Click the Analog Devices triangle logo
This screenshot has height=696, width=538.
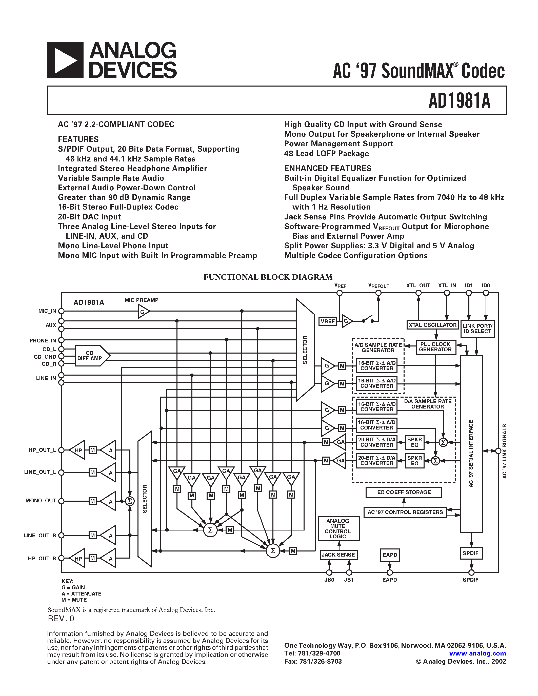coord(65,60)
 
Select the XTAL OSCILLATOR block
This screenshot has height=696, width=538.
coord(432,325)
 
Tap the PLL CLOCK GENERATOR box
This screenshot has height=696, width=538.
coord(436,347)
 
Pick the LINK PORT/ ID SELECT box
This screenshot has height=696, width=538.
coord(477,329)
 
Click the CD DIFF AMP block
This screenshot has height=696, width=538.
coord(90,356)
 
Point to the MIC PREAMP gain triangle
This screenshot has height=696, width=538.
coord(143,311)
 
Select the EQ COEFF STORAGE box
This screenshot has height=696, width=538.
coord(404,492)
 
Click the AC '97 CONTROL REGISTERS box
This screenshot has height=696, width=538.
coord(405,512)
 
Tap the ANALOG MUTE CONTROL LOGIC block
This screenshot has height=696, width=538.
coord(338,528)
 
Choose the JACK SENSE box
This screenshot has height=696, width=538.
coord(338,555)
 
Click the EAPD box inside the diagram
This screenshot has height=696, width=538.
coord(390,555)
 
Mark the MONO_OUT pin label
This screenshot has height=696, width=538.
coord(41,501)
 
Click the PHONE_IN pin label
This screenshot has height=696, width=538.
coord(43,340)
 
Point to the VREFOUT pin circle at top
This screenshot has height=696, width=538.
coord(378,293)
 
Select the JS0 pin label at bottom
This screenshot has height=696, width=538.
coord(329,580)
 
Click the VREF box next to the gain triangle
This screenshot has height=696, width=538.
coord(328,321)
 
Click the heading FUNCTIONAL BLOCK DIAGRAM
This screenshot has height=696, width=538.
coord(268,277)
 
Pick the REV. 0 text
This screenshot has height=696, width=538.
coord(61,619)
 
